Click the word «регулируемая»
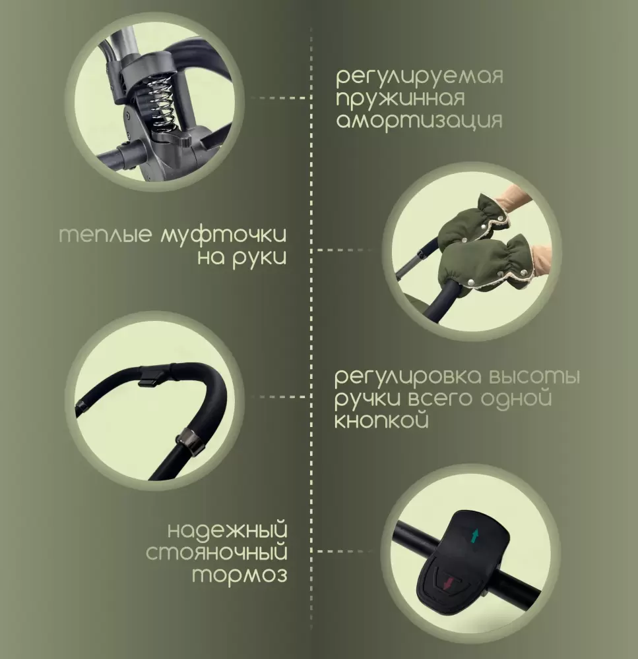point(419,78)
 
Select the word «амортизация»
point(419,121)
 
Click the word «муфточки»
point(224,235)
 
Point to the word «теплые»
point(105,235)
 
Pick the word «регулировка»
point(407,377)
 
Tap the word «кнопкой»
point(382,419)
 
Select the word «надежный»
point(228,530)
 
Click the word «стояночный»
point(216,552)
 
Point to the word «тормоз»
point(240,575)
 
